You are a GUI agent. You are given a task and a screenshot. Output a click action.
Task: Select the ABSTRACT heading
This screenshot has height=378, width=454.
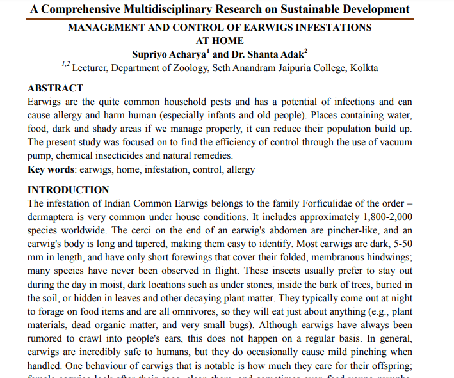(56, 88)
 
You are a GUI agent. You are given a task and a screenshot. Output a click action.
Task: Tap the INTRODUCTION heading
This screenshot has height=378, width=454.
(69, 190)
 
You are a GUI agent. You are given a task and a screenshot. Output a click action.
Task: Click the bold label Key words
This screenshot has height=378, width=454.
(51, 169)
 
